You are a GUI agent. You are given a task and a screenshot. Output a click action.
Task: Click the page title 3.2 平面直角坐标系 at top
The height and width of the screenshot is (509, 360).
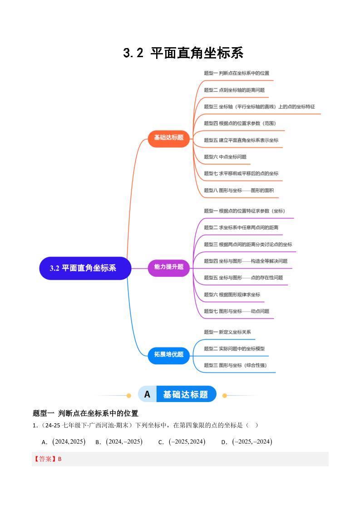[x=183, y=53]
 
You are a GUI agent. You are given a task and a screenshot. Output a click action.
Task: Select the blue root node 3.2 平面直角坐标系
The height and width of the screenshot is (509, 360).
[x=85, y=268]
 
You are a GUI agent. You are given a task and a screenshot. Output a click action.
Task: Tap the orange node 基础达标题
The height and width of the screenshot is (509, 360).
[x=168, y=137]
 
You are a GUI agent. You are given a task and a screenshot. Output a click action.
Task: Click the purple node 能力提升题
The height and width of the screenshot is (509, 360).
[x=168, y=267]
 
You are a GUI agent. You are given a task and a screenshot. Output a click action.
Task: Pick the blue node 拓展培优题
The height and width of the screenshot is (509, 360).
[x=168, y=355]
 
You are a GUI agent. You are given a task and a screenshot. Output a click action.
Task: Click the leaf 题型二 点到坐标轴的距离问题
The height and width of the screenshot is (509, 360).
[x=234, y=90]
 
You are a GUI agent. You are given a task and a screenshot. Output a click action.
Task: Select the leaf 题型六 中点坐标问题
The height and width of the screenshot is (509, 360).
[x=225, y=157]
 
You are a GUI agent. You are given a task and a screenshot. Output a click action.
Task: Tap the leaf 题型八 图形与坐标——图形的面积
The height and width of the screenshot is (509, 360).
[x=239, y=191]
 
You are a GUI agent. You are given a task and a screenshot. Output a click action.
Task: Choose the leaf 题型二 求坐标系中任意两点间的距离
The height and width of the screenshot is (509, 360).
[x=241, y=228]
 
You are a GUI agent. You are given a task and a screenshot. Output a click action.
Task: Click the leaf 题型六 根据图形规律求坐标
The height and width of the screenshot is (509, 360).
[x=232, y=295]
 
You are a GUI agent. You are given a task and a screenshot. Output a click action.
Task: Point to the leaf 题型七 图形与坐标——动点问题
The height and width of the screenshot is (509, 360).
[x=237, y=311]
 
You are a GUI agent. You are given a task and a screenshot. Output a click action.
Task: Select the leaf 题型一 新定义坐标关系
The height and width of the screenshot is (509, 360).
[x=227, y=332]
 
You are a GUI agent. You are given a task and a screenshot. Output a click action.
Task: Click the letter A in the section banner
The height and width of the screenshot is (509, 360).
[x=147, y=395]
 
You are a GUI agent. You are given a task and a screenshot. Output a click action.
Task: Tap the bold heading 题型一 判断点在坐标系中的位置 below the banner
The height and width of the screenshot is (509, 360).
[x=86, y=413]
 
